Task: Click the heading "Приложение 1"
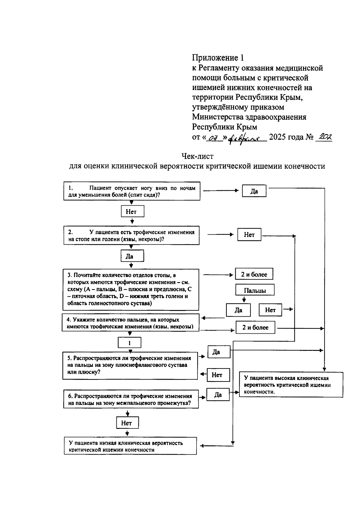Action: coord(218,57)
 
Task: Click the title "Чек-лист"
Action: coord(197,156)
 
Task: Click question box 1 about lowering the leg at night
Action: coord(132,191)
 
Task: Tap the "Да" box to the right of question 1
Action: coord(254,191)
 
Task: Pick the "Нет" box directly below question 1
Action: coord(131,212)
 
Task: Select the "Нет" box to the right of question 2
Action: coord(249,235)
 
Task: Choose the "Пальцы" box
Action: coord(255,290)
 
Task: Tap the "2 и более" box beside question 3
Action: coord(254,274)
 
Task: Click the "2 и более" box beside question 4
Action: coord(256,327)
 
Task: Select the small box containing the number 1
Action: coord(130,343)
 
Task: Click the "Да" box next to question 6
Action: coord(218,395)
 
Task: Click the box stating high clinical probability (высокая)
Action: coord(291,385)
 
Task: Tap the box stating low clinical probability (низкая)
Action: coord(130,446)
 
